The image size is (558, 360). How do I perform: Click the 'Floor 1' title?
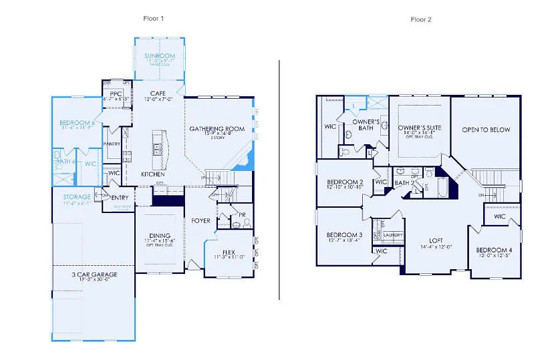[154, 18]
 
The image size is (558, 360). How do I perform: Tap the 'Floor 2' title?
[421, 19]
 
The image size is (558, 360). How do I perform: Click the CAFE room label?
[158, 93]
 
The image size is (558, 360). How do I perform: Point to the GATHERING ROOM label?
[217, 128]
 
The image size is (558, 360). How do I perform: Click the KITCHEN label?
[152, 174]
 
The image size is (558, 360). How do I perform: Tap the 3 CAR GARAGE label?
[94, 274]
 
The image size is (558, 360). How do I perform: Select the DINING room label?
[160, 235]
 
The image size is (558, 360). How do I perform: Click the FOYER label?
[200, 220]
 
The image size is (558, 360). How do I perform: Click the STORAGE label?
[78, 197]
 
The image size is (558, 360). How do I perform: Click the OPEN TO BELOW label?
[486, 130]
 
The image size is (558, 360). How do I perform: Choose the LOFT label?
[436, 240]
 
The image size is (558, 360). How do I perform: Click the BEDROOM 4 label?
[495, 250]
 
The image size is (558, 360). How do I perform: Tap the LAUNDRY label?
[392, 235]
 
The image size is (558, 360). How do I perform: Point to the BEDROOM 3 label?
[345, 235]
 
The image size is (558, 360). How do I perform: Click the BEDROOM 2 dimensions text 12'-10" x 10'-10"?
[345, 188]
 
